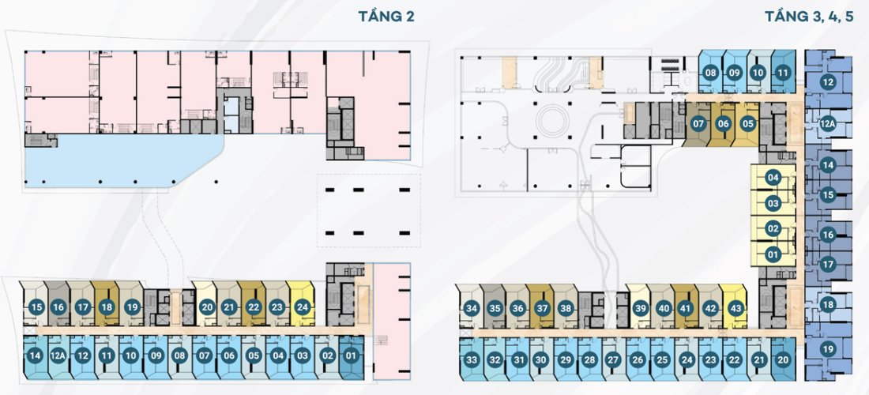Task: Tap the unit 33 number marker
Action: click(472, 360)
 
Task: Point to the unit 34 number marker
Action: click(472, 308)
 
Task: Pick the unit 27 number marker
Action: click(613, 360)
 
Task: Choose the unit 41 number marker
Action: click(686, 308)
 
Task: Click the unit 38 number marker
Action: click(565, 308)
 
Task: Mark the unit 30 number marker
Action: click(541, 360)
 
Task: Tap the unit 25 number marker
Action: click(663, 360)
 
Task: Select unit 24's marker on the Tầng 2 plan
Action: click(302, 307)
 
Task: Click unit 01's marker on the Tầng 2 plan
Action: click(352, 355)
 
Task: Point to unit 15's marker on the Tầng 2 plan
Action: click(36, 307)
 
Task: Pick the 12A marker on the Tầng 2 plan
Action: click(58, 355)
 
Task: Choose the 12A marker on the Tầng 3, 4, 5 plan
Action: click(828, 123)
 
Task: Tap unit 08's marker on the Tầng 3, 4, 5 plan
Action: click(711, 73)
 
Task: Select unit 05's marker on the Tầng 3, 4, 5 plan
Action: click(748, 123)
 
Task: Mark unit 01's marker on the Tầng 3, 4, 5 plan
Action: click(773, 254)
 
